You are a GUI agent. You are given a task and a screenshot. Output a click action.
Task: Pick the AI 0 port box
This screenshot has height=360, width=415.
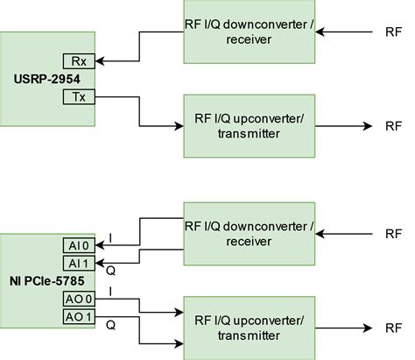coord(77,246)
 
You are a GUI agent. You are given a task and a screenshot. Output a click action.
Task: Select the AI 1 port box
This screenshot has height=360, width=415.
coord(77,263)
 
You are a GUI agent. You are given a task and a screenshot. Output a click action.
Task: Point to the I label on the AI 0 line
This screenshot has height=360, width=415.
coord(111,238)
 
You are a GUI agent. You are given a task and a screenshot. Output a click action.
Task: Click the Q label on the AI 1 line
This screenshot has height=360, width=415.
coord(111,271)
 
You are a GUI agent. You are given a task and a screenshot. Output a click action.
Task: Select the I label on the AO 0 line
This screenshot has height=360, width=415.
coord(111,290)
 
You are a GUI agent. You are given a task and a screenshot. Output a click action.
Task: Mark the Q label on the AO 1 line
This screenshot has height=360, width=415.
coord(111,323)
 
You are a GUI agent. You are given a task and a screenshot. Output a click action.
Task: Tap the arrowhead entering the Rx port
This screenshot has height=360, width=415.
coord(101,61)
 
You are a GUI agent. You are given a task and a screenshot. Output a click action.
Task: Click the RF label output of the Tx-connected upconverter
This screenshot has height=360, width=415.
coord(393,126)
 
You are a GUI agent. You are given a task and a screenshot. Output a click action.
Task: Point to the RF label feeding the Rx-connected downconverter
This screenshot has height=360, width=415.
coord(393,33)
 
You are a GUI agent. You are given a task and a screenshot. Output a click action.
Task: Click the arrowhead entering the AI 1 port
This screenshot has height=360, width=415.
coord(101,263)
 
